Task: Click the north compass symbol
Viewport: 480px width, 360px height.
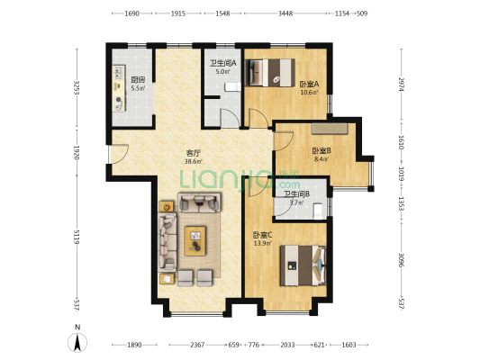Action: point(77,342)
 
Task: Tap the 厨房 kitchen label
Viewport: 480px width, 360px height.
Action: point(138,80)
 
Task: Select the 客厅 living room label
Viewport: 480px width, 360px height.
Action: point(193,153)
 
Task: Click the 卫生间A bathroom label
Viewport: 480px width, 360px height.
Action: point(222,63)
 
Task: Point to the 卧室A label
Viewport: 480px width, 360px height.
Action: point(309,84)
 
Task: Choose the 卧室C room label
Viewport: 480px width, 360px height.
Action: point(262,235)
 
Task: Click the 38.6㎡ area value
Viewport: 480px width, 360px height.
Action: point(193,161)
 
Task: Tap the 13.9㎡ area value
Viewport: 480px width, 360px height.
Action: point(262,244)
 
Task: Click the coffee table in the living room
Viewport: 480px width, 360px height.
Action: point(195,240)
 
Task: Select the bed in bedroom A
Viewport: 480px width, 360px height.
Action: point(270,73)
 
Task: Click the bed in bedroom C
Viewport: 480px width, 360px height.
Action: point(303,265)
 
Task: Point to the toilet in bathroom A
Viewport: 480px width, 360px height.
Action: point(232,87)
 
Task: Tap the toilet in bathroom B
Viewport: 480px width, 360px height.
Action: point(319,211)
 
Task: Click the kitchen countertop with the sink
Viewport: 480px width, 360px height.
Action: point(119,88)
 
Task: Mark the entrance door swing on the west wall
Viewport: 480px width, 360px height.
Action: point(119,154)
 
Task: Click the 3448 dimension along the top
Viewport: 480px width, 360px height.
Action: point(285,13)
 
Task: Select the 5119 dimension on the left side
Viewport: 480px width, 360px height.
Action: point(77,237)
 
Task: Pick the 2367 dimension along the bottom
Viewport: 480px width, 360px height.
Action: point(197,345)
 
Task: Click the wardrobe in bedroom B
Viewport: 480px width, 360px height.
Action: point(330,129)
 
